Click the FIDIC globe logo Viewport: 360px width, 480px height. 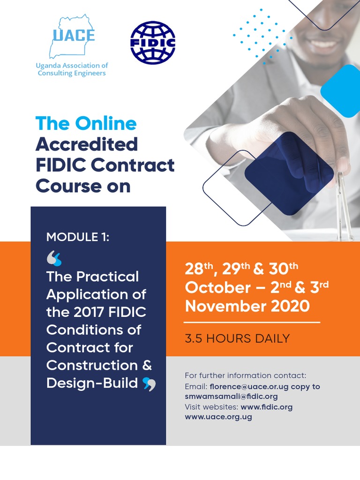152,42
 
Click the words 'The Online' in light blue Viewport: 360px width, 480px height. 86,123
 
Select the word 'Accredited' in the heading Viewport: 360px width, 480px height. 87,144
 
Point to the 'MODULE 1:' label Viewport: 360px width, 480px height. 78,237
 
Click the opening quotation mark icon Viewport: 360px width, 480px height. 54,258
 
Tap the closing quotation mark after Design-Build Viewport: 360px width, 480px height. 149,384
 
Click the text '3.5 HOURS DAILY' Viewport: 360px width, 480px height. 237,338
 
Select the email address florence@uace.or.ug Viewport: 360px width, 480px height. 249,387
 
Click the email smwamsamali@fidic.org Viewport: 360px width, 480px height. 231,397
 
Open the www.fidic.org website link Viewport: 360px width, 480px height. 266,407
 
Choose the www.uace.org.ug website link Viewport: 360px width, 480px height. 218,417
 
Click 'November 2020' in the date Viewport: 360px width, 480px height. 247,307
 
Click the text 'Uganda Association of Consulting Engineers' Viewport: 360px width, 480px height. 72,69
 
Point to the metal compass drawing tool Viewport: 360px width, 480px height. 345,206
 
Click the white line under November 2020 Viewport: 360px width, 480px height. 252,322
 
